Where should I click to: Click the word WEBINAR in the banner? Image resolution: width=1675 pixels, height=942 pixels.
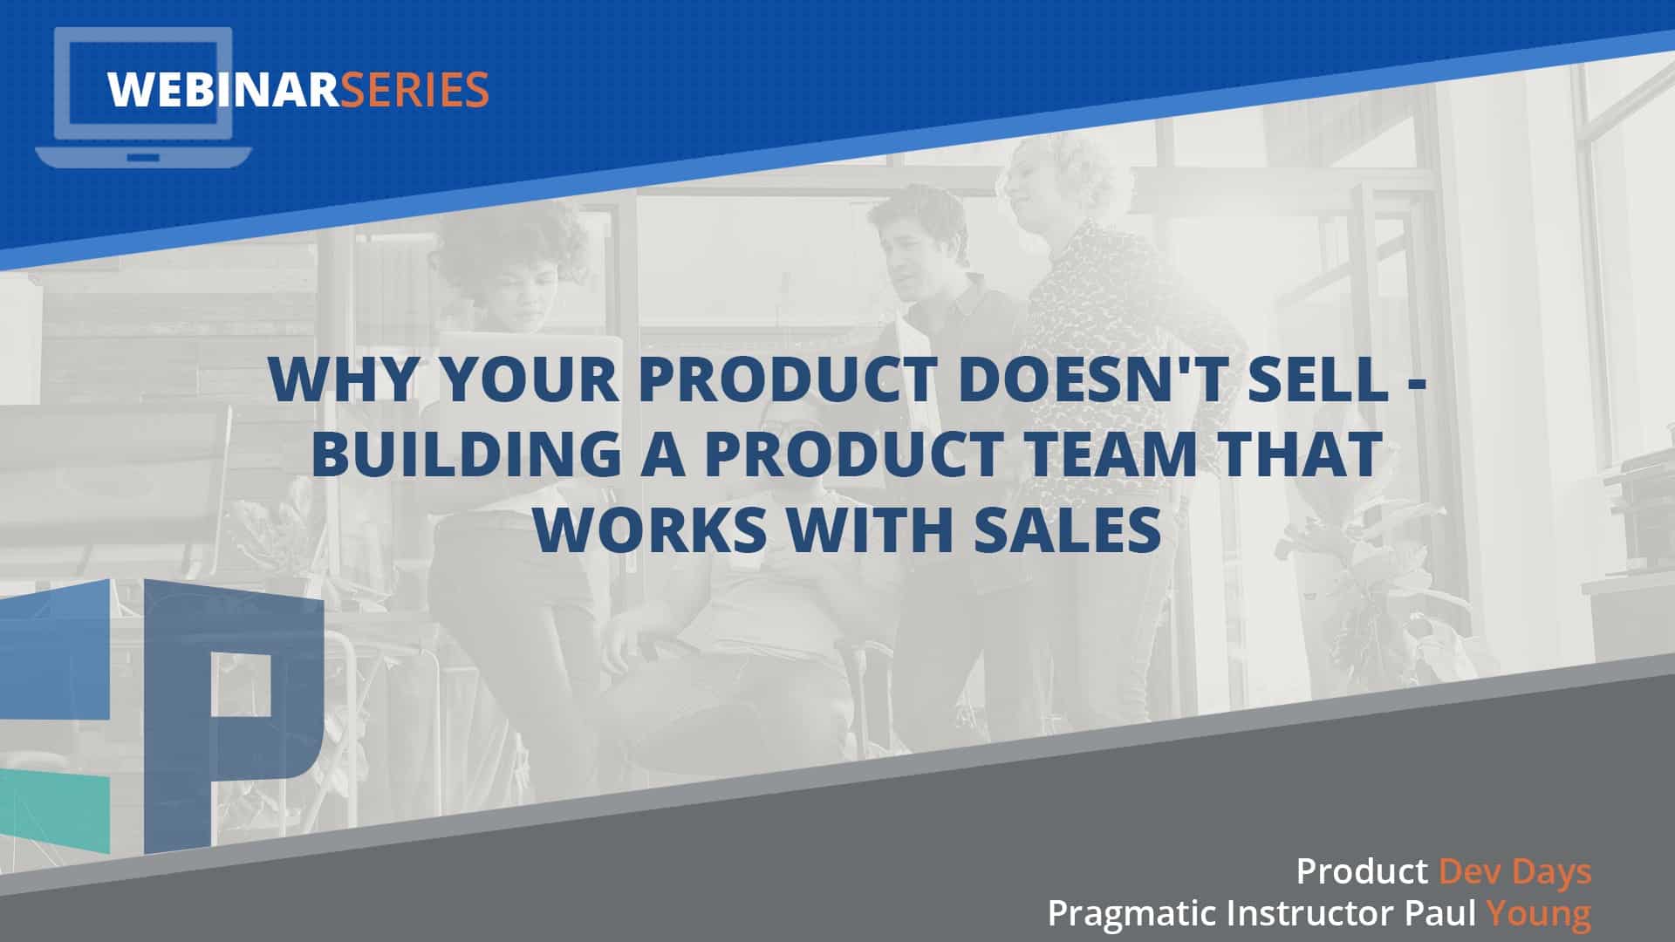(x=223, y=90)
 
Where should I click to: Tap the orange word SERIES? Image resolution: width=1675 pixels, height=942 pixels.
(x=414, y=90)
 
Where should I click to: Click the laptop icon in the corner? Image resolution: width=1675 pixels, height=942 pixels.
(x=144, y=96)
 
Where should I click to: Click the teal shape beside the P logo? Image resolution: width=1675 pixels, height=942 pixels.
(x=54, y=811)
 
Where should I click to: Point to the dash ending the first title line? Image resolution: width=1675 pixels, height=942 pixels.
(x=1415, y=385)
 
